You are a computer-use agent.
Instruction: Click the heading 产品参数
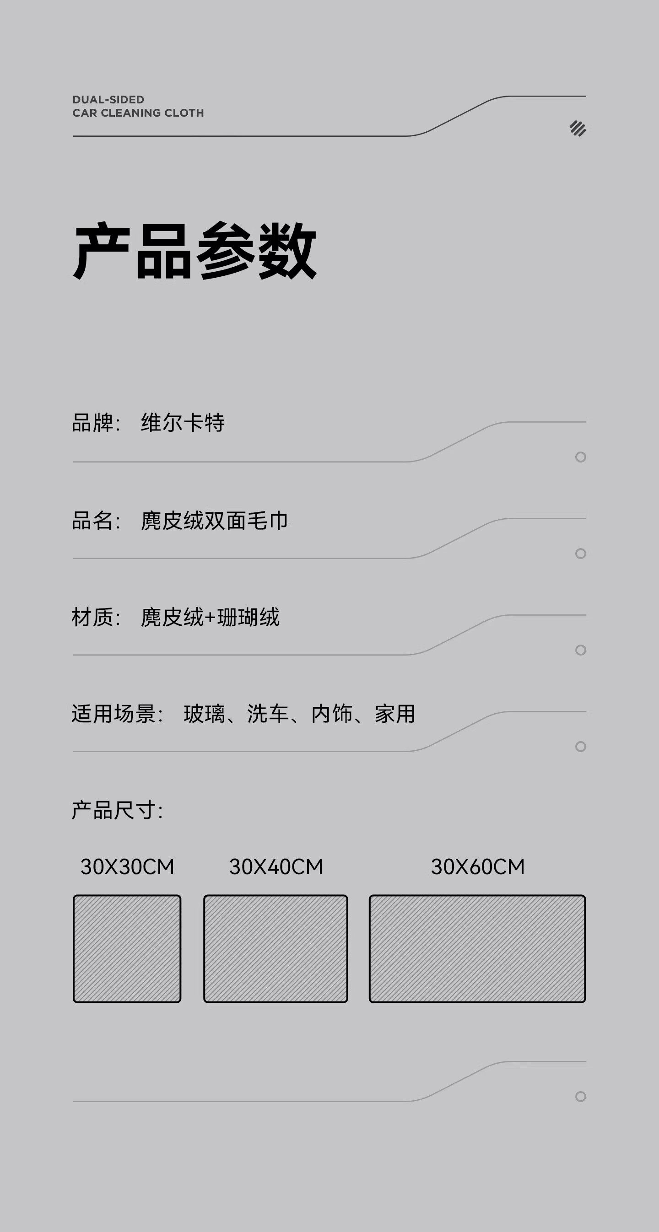point(194,251)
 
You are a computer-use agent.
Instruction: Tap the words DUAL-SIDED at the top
point(108,100)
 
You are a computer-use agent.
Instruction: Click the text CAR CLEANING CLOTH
point(138,113)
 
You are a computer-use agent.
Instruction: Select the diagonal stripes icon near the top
point(578,129)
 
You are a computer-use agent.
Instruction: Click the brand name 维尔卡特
point(183,423)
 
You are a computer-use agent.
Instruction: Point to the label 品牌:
point(96,423)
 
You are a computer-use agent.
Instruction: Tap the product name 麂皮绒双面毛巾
point(214,521)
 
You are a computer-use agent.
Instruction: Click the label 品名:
point(96,521)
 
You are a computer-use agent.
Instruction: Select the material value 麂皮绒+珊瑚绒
point(210,618)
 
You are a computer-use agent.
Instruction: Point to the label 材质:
point(96,618)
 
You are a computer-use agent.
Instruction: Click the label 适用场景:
point(117,714)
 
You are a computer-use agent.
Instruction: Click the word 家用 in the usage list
point(395,714)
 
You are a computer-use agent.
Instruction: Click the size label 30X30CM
point(127,867)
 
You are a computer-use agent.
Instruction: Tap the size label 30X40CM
point(276,867)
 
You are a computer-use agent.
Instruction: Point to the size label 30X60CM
point(478,867)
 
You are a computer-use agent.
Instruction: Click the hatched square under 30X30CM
point(127,948)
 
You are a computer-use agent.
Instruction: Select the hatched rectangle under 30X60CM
point(477,948)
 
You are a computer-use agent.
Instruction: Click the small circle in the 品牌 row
point(580,457)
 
